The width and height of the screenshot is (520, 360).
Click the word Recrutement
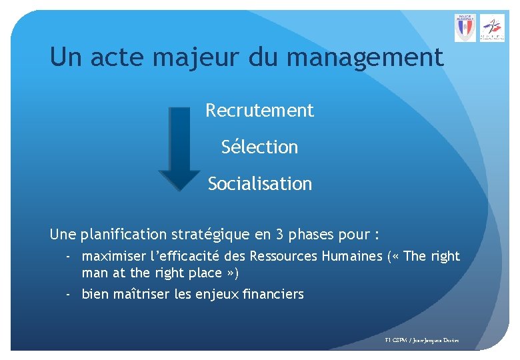tap(259, 110)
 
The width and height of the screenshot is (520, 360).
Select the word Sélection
tap(259, 147)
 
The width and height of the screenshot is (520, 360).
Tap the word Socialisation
tap(259, 183)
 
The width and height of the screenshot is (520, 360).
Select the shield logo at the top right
tap(465, 28)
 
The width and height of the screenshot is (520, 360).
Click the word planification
tap(125, 235)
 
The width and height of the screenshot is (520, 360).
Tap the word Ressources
tap(283, 256)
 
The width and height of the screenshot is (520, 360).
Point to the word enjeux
tap(212, 294)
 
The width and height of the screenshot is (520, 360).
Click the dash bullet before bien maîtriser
tap(69, 293)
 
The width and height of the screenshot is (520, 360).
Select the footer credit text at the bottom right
tap(422, 341)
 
